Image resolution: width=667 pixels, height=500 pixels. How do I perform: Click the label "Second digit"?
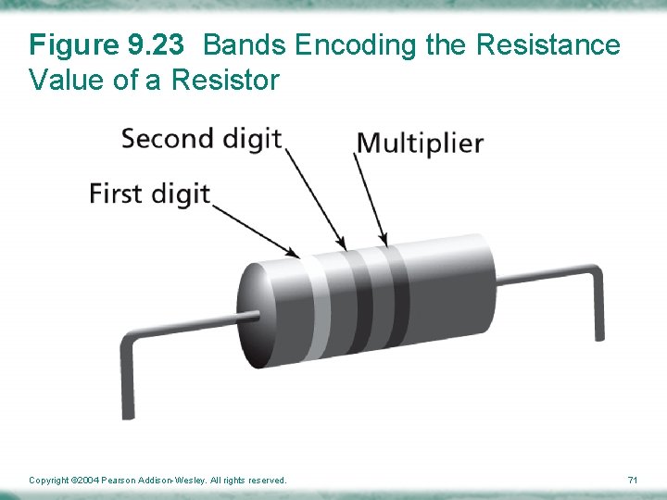coord(201,140)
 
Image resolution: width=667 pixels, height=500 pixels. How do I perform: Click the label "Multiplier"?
coord(420,144)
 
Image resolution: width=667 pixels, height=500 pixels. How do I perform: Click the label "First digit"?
coord(150,194)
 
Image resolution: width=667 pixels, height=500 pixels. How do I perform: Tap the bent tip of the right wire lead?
coord(598,324)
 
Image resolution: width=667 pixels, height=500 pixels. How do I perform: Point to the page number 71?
coord(633,481)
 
